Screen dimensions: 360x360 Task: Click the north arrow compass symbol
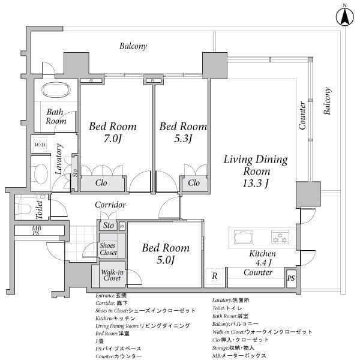tap(345, 16)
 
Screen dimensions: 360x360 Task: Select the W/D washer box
tap(40, 145)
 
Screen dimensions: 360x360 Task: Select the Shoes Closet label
tap(109, 248)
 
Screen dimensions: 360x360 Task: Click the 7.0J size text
tap(112, 142)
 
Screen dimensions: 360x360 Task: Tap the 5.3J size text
tap(182, 142)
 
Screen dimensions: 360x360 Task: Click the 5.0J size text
tap(166, 260)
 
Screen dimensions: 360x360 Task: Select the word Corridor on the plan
tap(110, 205)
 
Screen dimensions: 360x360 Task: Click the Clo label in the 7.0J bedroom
tap(101, 183)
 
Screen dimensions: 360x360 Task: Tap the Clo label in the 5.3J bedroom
tap(194, 183)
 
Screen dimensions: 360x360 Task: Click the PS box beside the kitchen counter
tap(291, 278)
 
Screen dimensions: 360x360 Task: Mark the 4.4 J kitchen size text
tap(263, 262)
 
